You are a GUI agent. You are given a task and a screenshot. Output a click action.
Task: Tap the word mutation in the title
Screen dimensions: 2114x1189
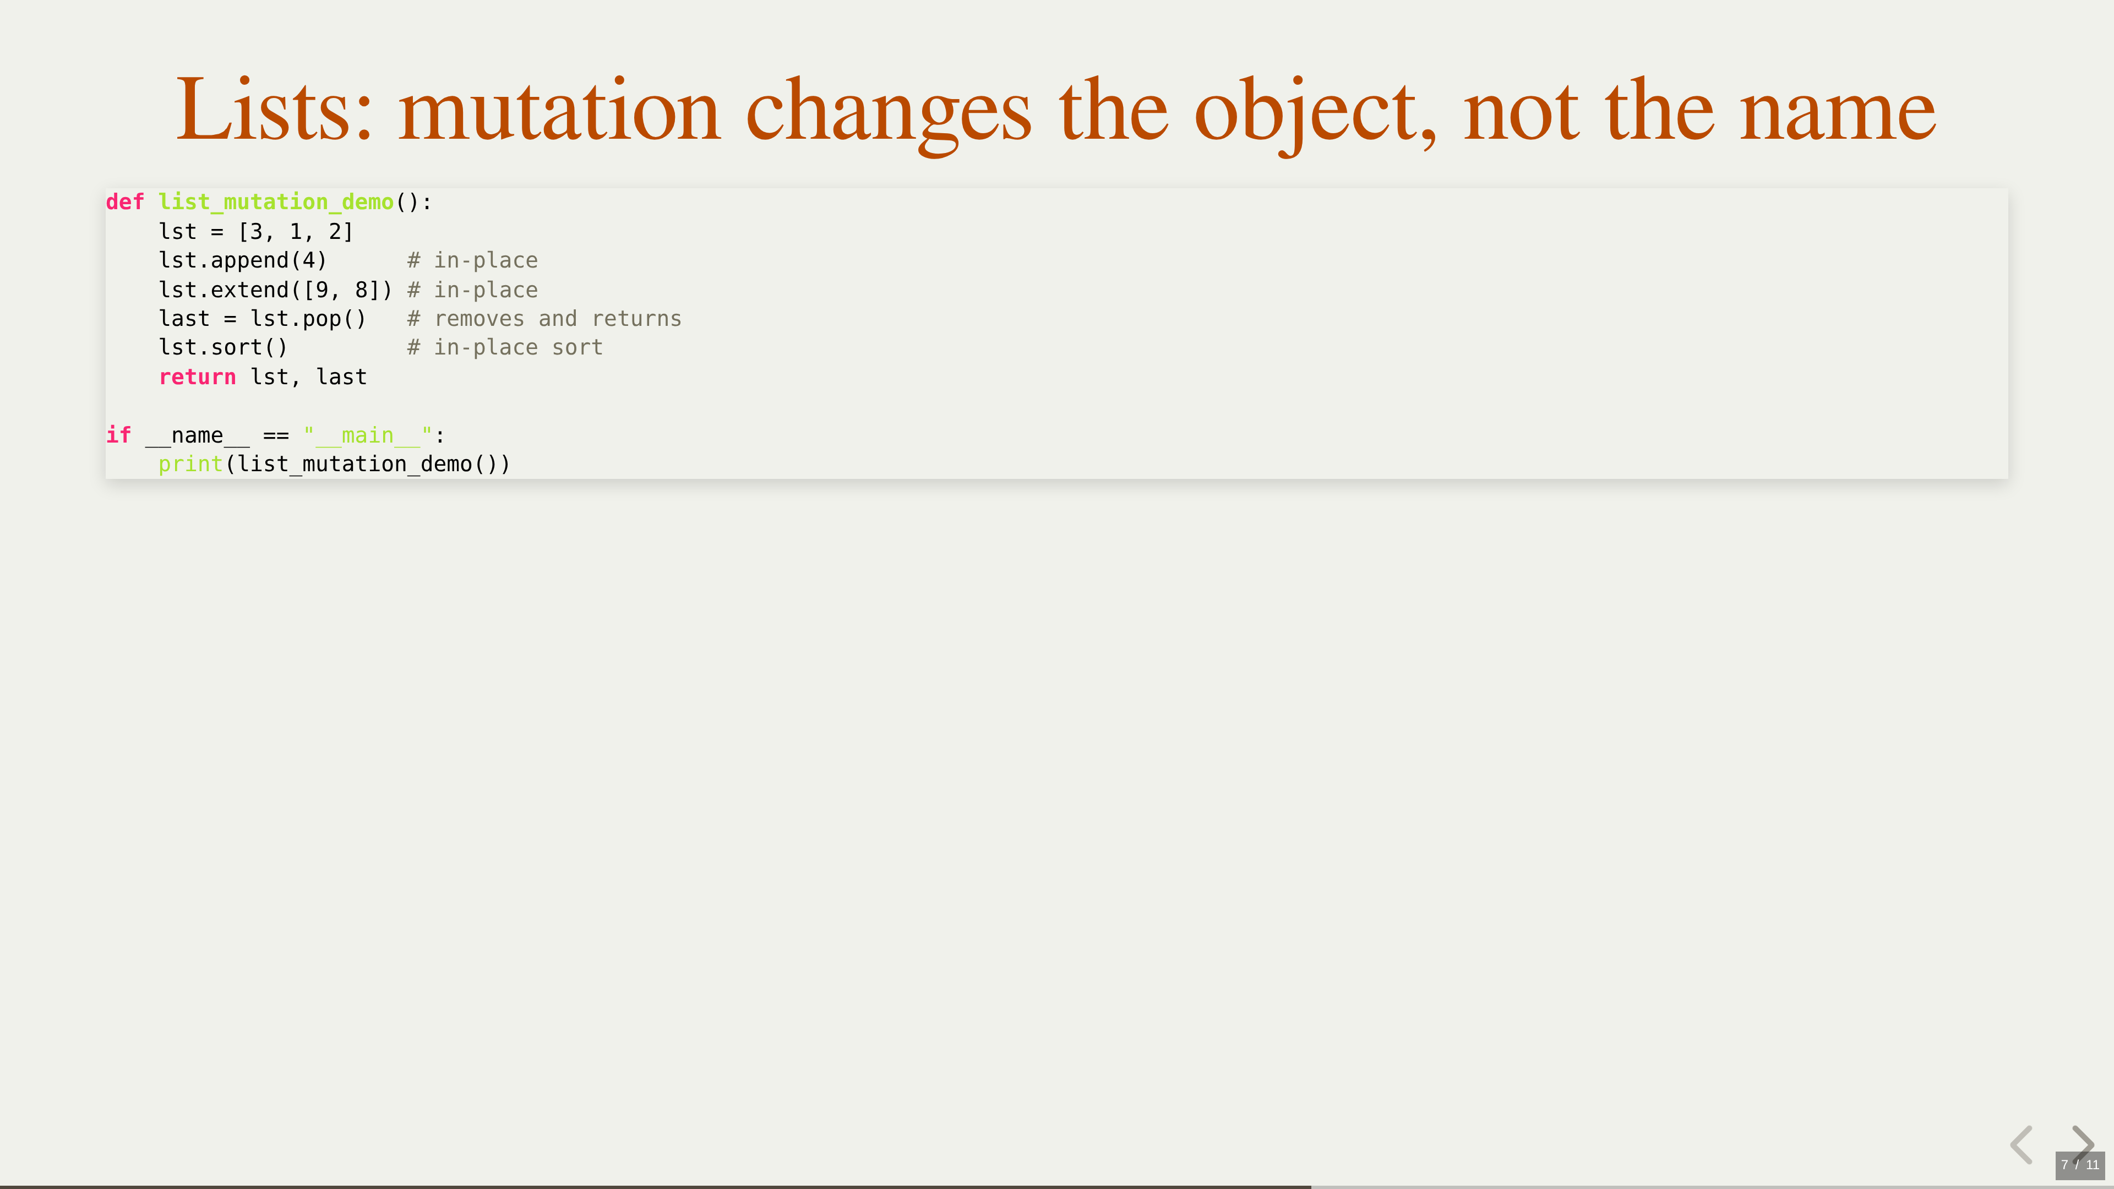click(560, 109)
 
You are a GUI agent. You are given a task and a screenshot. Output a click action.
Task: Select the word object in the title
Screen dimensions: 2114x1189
click(1315, 115)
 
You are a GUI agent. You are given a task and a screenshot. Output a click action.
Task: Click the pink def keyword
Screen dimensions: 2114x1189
click(125, 202)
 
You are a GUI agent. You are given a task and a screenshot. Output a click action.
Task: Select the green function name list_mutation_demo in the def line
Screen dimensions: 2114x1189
click(276, 203)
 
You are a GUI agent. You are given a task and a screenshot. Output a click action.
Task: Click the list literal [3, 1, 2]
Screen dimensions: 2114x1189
click(296, 231)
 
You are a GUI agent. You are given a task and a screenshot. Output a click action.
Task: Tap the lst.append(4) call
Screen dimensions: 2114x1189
click(243, 261)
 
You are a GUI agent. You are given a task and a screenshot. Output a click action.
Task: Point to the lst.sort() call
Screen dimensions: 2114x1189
click(223, 348)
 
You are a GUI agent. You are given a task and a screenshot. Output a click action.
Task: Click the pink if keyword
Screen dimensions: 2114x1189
click(118, 435)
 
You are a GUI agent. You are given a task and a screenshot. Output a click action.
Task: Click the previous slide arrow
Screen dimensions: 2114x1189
click(2022, 1145)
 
